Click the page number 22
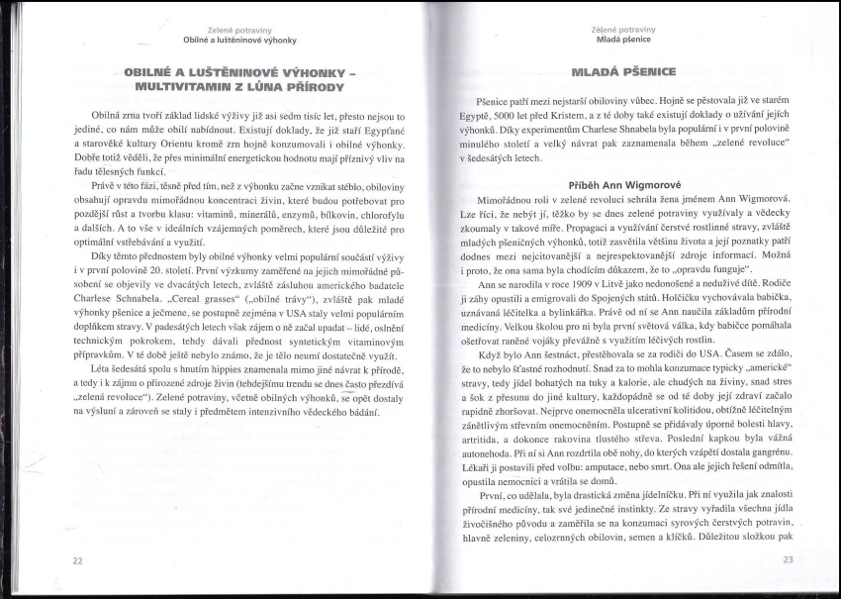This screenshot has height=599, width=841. click(x=77, y=560)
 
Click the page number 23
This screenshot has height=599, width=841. click(x=789, y=559)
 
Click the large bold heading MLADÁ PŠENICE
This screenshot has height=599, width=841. click(x=624, y=73)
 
